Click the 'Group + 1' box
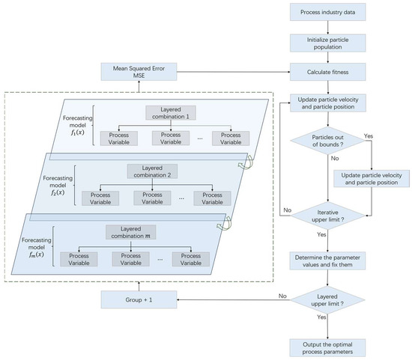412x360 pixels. pyautogui.click(x=138, y=301)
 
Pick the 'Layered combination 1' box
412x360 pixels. pyautogui.click(x=171, y=114)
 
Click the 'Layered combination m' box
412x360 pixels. pyautogui.click(x=132, y=231)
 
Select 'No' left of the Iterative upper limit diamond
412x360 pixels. pyautogui.click(x=286, y=211)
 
